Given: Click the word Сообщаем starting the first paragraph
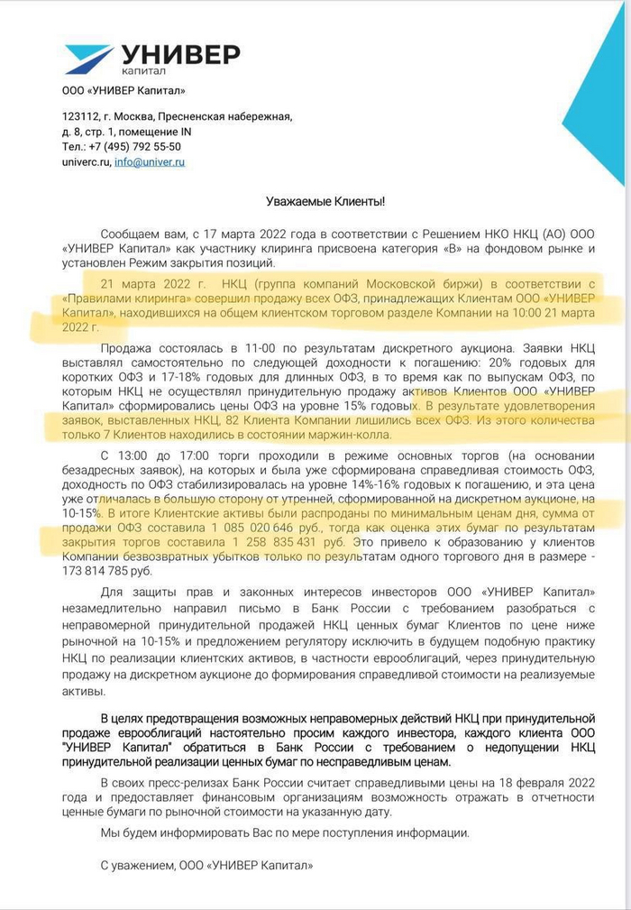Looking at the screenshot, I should tap(132, 233).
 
